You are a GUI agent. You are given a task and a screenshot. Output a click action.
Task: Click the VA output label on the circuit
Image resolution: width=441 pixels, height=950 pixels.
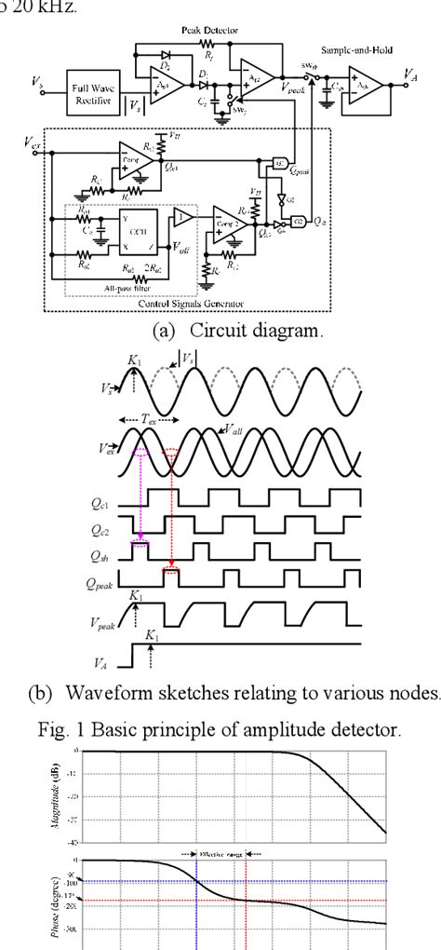[x=410, y=73]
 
